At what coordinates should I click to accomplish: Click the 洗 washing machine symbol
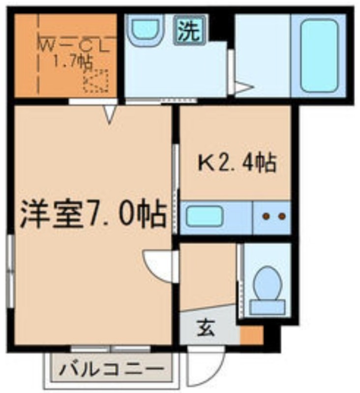coord(190,30)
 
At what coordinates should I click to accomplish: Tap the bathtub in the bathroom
coord(319,56)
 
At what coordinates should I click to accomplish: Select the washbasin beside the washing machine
coord(146,29)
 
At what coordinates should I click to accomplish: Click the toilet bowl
coord(268,283)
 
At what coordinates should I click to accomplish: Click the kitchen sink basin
coord(204,216)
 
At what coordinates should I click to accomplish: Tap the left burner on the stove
coord(266,216)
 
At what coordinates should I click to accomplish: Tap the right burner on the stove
coord(281,216)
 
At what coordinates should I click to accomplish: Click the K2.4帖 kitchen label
coord(238,164)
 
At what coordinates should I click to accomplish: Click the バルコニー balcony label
coord(112,369)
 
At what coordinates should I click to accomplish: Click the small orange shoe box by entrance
coord(252,335)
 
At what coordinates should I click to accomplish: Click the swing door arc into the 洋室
coord(153,270)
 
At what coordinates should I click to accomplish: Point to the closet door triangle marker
coord(110,114)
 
